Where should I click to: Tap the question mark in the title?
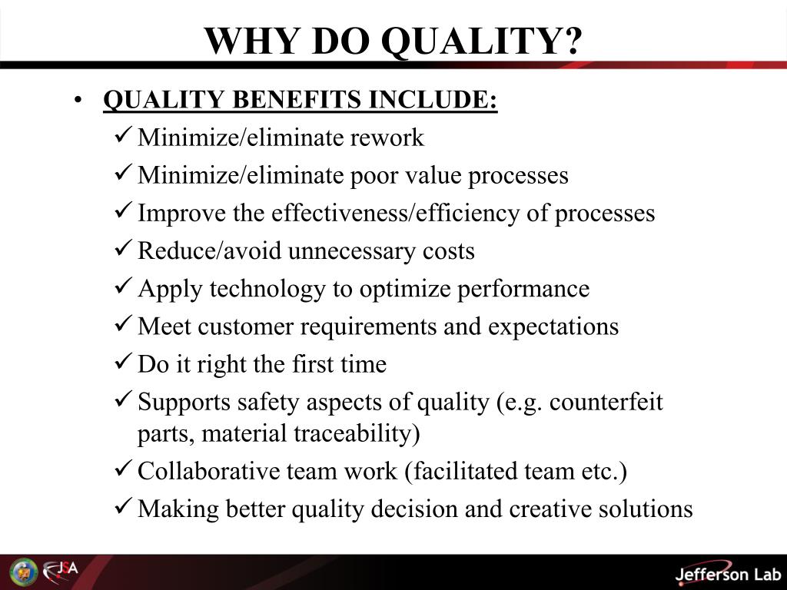[572, 41]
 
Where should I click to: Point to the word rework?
[387, 138]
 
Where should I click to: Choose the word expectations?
[553, 326]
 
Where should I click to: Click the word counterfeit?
[606, 402]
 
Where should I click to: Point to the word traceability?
[357, 434]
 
